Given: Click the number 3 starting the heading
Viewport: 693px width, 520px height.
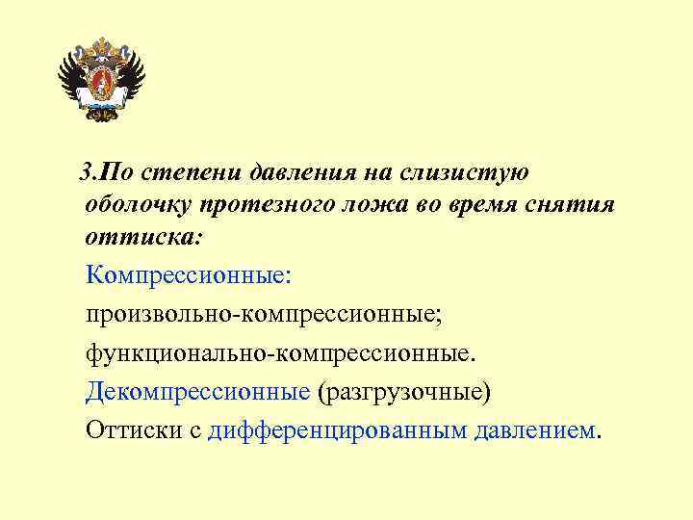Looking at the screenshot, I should click(87, 173).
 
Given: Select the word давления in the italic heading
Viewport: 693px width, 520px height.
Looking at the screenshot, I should click(302, 173).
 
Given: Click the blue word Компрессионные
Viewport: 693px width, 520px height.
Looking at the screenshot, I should click(187, 276).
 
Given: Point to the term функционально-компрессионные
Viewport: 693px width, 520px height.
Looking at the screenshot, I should click(280, 353).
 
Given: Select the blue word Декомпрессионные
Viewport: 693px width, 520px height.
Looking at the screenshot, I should click(196, 392).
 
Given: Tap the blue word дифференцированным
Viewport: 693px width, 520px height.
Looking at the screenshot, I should click(337, 430).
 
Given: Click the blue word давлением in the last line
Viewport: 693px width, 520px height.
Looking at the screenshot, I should click(535, 430).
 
